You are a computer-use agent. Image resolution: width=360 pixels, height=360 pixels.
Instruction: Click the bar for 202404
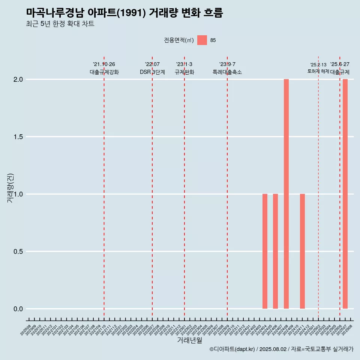[x=265, y=251]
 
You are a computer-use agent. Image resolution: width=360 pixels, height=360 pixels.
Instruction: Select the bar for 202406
[x=275, y=251]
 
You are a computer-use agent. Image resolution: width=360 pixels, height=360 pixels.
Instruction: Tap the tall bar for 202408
[x=286, y=194]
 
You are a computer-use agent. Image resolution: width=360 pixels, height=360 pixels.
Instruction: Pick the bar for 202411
[x=302, y=251]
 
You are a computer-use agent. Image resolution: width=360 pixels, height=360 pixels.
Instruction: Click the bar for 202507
[x=345, y=194]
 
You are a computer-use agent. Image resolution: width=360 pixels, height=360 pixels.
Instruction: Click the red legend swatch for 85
[x=202, y=40]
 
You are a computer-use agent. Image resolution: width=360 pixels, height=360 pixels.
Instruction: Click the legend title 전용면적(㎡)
[x=179, y=40]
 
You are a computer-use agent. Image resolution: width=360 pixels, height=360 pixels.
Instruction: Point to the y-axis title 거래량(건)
[x=10, y=187]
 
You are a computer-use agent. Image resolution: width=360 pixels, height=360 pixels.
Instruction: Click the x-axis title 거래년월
[x=189, y=340]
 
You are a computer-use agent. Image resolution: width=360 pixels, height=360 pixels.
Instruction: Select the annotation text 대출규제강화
[x=104, y=72]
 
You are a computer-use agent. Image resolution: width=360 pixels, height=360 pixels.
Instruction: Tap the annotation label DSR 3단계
[x=152, y=72]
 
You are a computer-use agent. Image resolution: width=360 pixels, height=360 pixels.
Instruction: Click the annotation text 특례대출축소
[x=227, y=72]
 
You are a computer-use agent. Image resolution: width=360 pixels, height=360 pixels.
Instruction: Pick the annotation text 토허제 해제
[x=318, y=71]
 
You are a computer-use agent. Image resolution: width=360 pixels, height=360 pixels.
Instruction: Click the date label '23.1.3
[x=184, y=64]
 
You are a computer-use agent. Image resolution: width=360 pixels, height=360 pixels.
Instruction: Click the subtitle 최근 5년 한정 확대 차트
[x=60, y=24]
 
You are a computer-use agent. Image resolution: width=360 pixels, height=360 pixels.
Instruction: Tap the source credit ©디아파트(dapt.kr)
[x=232, y=349]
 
